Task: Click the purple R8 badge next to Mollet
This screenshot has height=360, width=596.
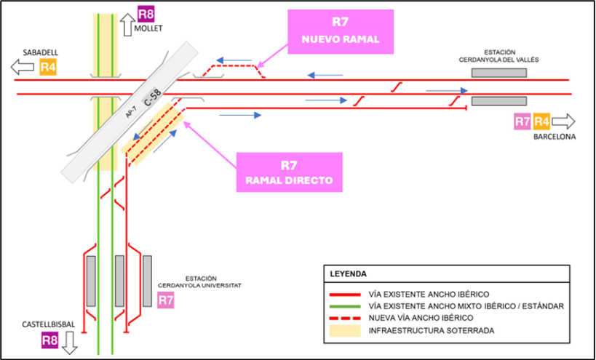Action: tap(146, 14)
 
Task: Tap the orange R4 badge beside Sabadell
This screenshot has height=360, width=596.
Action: tap(48, 68)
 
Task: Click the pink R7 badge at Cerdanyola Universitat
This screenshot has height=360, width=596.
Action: tap(165, 300)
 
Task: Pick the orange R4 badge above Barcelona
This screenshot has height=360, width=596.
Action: tap(541, 121)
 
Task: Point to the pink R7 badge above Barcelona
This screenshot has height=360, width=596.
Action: tap(522, 121)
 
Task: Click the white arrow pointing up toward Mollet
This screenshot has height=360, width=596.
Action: tap(126, 25)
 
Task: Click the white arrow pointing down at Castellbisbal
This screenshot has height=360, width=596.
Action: tap(70, 341)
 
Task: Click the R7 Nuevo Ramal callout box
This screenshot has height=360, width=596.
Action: tap(341, 31)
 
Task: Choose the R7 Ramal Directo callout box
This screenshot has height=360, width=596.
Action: tap(289, 172)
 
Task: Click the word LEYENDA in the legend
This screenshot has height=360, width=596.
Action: tap(349, 273)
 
